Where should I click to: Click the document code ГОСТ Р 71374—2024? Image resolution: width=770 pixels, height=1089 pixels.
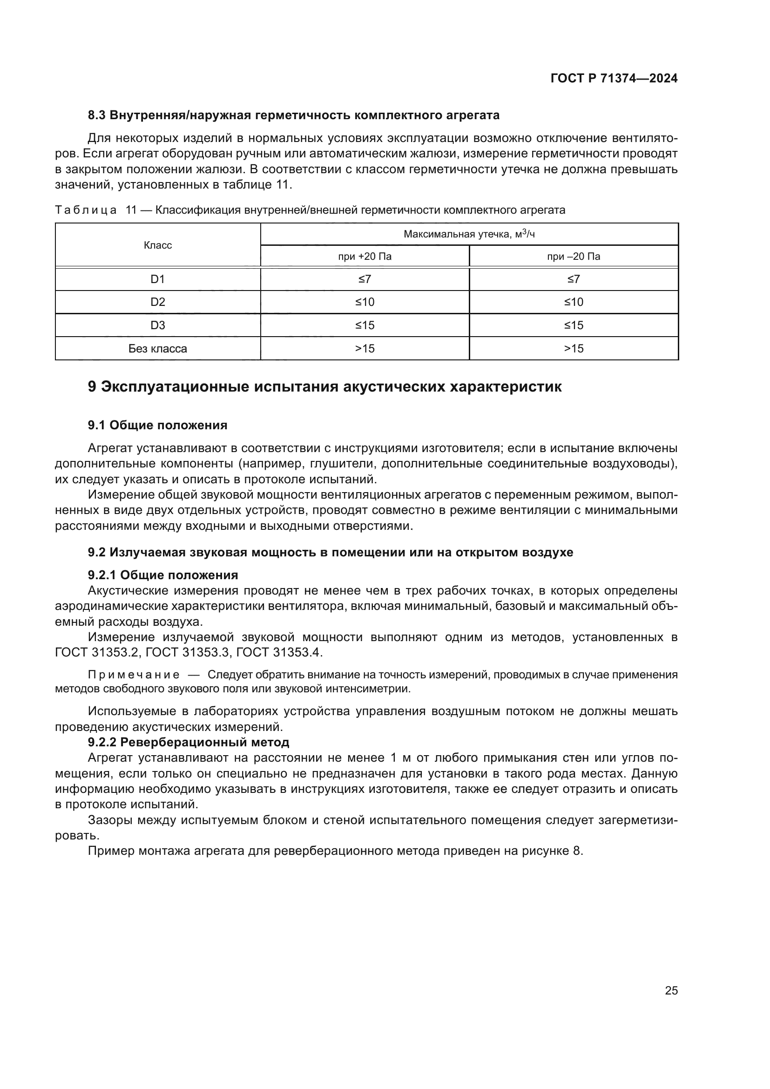[x=614, y=79]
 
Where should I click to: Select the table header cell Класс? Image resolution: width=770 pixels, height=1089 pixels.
[x=157, y=245]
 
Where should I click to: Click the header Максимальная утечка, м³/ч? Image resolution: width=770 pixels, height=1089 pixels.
[x=469, y=234]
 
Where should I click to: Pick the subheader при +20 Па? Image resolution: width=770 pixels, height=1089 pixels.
[x=365, y=257]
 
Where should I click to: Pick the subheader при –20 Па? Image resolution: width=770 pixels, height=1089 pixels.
[x=573, y=257]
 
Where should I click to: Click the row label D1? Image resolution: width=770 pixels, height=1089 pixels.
[x=157, y=279]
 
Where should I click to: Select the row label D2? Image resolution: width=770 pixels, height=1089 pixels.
[x=157, y=302]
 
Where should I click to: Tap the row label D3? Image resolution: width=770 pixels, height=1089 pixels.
[x=157, y=325]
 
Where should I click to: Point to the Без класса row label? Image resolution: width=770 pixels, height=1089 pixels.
[x=157, y=349]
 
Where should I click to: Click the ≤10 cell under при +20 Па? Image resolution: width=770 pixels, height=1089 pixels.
[x=365, y=302]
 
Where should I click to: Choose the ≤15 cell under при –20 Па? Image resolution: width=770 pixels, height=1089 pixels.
[x=573, y=325]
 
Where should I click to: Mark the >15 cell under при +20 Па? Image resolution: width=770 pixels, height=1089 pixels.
[x=365, y=349]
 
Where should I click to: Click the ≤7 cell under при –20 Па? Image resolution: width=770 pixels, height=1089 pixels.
[x=573, y=279]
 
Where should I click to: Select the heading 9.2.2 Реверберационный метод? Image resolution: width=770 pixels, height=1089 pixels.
[x=188, y=742]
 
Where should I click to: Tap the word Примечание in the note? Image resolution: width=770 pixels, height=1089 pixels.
[x=134, y=675]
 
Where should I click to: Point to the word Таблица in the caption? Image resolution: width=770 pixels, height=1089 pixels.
[x=86, y=210]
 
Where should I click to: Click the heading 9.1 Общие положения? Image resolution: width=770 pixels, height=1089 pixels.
[x=157, y=425]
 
